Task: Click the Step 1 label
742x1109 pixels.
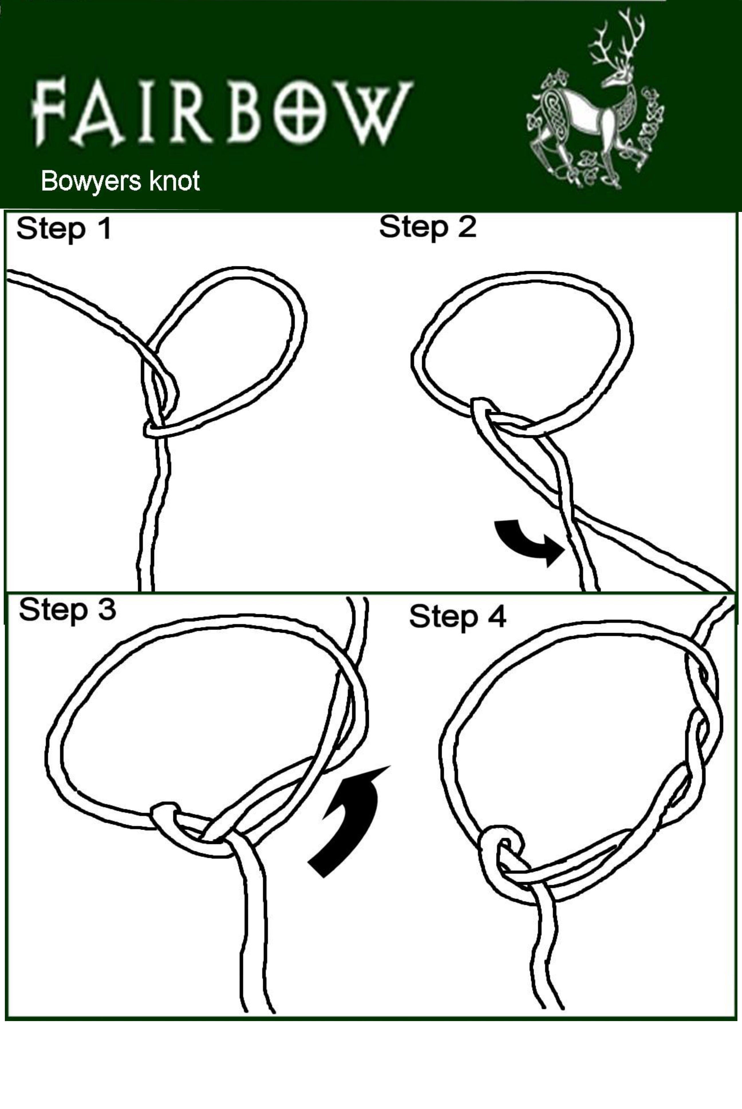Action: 64,229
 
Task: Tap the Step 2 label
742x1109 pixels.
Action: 428,227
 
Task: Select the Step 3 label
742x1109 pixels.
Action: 67,609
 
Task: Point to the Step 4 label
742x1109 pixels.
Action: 458,617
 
